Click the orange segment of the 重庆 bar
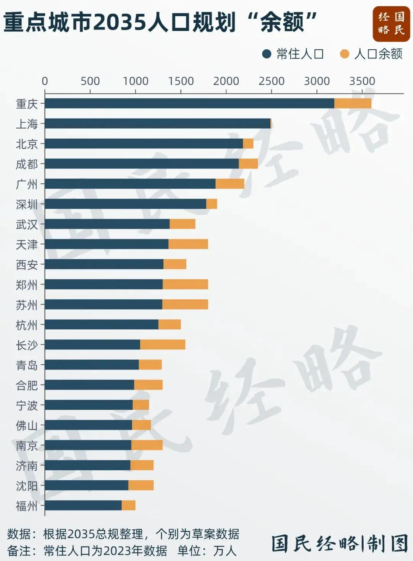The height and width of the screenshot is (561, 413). point(353,103)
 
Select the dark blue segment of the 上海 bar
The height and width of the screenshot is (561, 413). point(158,124)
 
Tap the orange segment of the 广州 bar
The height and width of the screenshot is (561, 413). point(230,184)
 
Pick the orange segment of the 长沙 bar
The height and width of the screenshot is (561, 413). point(163,344)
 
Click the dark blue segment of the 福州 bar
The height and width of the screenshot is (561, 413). point(83,505)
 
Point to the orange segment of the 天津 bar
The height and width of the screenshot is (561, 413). point(188,244)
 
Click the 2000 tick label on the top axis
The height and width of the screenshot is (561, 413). point(226,81)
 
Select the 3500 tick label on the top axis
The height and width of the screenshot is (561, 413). point(362,81)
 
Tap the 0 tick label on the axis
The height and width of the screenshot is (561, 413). point(45,81)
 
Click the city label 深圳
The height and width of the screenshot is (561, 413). point(27,204)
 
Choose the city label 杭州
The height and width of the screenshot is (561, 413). point(27,325)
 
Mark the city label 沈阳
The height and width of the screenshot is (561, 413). point(27,486)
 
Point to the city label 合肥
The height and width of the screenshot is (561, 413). point(27,385)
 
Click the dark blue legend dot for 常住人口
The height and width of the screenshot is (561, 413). point(267,54)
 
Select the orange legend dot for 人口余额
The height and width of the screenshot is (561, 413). point(345,54)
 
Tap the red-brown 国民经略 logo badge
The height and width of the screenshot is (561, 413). point(391,24)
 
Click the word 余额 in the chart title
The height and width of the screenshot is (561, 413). point(282,22)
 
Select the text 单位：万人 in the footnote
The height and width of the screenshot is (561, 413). point(207,551)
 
